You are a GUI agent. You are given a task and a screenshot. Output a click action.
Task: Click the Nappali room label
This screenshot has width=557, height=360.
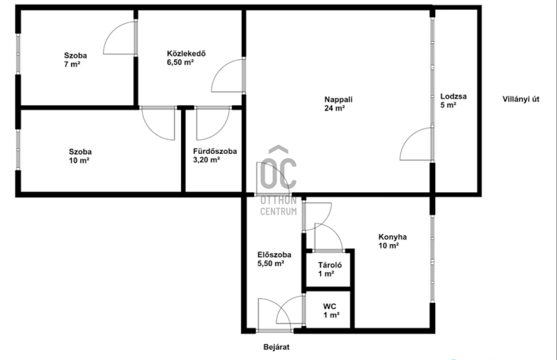coord(338,100)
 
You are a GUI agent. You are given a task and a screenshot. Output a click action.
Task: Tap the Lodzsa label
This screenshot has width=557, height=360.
coord(453,96)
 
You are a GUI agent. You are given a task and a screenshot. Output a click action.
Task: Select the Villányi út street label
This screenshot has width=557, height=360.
coord(521,99)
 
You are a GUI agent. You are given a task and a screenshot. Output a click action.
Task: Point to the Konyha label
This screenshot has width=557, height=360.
coord(393,237)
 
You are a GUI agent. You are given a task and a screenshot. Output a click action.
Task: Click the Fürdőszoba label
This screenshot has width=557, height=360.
coord(215,151)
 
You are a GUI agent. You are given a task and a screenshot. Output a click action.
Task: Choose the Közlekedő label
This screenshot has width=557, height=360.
coord(186,54)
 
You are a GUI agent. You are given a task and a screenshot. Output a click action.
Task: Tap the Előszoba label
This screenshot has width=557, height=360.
coord(274,255)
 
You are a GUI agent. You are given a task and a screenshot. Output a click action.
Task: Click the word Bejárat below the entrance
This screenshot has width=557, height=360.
coord(276,347)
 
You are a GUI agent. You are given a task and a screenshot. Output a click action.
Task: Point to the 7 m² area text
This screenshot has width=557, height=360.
coord(72,64)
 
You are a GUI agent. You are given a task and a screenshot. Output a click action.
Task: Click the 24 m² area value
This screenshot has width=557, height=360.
coord(335,109)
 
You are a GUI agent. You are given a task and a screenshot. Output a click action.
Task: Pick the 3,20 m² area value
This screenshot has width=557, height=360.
coord(206,160)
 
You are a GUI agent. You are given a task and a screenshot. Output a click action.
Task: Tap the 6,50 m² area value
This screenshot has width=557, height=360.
coord(180,62)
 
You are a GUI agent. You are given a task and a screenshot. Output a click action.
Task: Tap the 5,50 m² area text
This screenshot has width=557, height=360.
coord(271,263)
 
